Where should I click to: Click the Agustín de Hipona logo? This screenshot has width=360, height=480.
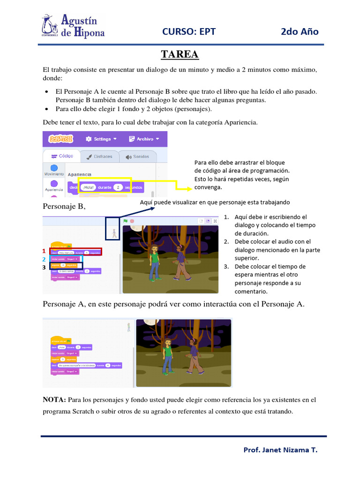pos(73,26)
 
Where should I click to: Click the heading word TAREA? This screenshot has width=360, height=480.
pos(180,54)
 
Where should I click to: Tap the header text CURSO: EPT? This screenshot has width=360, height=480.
pos(189,31)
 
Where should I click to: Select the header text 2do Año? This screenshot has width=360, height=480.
pos(300,31)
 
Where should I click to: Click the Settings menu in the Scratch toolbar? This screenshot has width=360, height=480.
pos(99,139)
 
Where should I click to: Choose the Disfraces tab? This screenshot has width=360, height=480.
pos(99,157)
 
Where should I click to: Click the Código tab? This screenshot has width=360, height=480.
pos(62,157)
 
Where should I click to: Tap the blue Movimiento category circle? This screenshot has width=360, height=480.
pos(54,168)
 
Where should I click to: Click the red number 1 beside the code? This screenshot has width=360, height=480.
pos(45,251)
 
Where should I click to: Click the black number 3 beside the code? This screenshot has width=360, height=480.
pos(45,267)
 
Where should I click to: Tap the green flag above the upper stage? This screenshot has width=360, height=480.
pos(125,221)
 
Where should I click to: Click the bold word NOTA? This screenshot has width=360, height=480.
pos(54,400)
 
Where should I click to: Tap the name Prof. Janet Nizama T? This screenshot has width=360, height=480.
pos(280,450)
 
